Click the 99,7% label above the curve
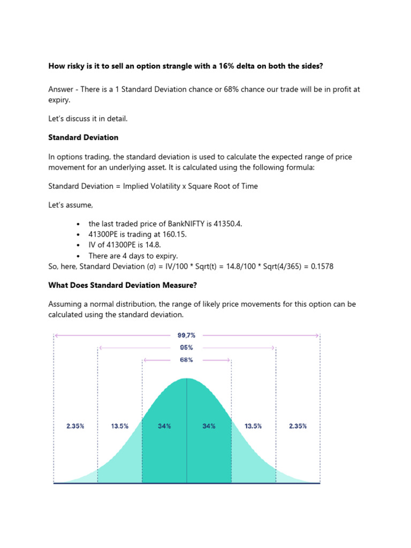point(186,335)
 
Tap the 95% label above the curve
point(186,347)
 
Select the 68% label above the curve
point(186,360)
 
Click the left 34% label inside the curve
point(164,426)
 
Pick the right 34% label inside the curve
point(209,426)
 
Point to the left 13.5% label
point(119,426)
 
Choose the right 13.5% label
point(253,426)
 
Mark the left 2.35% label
point(75,426)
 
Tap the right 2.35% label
point(298,426)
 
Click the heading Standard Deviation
point(83,138)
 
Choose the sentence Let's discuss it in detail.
point(88,119)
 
